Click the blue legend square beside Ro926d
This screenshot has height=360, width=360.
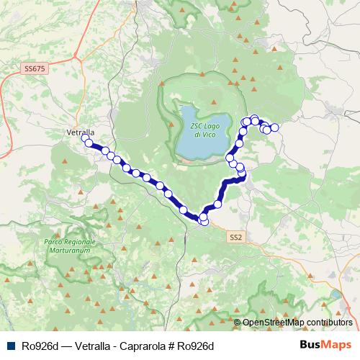pos(10,346)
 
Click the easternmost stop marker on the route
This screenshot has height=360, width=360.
pos(274,127)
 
